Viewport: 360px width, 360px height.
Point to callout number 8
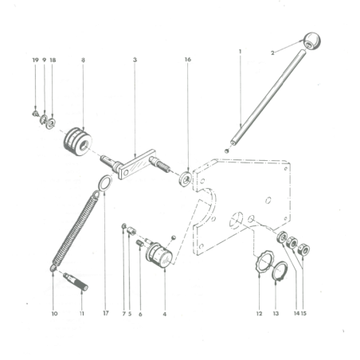(83, 60)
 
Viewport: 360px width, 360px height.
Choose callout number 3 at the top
(135, 60)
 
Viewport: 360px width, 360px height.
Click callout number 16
(188, 60)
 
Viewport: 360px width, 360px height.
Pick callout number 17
(105, 313)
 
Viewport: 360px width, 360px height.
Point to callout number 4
(164, 313)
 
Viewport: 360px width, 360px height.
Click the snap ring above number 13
(276, 274)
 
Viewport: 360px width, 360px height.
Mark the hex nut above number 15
(305, 248)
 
